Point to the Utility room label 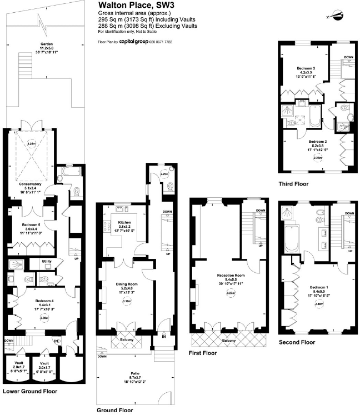[47, 261]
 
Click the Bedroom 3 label [306, 68]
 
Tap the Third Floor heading [293, 183]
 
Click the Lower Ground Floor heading [30, 391]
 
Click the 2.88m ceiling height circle [319, 304]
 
